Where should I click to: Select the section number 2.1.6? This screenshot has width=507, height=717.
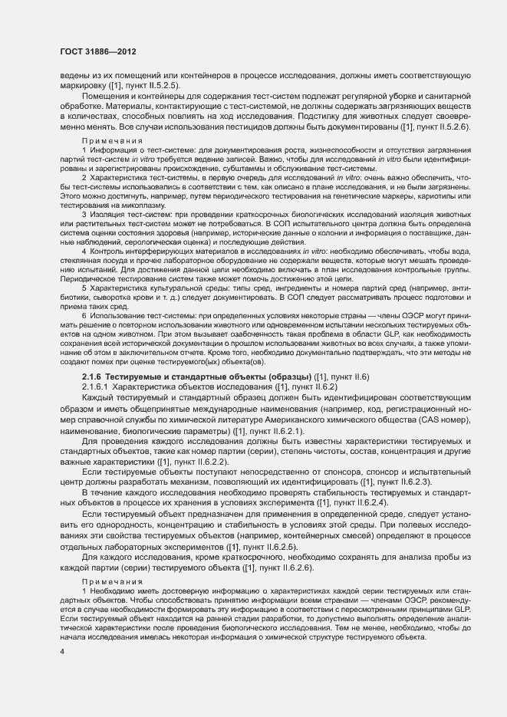pos(91,377)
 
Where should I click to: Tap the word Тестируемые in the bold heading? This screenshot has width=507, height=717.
pos(134,377)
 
